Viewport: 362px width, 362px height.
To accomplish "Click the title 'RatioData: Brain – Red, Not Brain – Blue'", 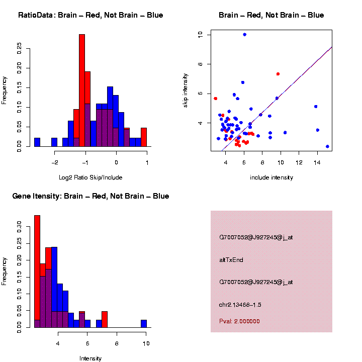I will tap(90, 15).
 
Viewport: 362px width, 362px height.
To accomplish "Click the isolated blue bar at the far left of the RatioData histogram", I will tap(37, 142).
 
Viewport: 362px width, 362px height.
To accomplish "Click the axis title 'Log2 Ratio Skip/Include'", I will tap(90, 177).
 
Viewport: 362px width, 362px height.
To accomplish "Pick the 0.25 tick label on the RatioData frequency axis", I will tap(20, 48).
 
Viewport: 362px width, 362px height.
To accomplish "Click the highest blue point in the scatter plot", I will tap(244, 34).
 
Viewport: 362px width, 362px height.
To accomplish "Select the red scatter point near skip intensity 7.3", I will tap(278, 74).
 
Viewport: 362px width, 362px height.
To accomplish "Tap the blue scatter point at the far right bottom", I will tap(327, 146).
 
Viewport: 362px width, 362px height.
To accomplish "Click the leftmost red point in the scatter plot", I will tap(215, 99).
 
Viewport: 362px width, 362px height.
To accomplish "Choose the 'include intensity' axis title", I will tap(271, 177).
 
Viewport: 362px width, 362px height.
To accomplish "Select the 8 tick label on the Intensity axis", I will tap(117, 344).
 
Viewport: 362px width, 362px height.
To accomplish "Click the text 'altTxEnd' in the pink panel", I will tap(231, 260).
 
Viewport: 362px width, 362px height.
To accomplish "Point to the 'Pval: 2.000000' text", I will tap(239, 321).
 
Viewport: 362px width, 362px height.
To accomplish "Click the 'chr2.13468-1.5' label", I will tap(240, 305).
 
